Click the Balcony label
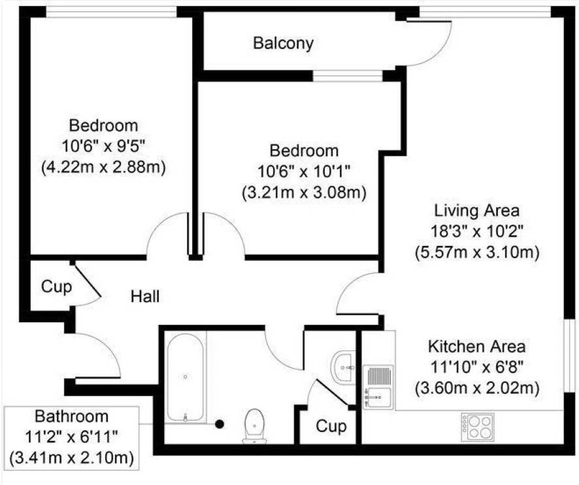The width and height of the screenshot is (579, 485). coord(283,43)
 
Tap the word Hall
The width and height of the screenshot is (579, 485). coord(145,296)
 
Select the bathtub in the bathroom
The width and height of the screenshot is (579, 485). coord(186,377)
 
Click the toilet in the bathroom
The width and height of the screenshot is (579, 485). coord(254,426)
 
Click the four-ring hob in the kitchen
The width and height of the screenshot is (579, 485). coord(478,427)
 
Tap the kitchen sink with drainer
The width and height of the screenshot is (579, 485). coord(378,387)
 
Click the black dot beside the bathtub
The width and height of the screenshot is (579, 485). coord(220,424)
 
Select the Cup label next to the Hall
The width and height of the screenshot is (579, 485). coord(56,287)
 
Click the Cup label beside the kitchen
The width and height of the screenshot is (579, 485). coord(331,427)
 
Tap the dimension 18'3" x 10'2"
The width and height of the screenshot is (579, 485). coord(477,232)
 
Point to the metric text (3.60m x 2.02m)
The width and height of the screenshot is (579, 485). coord(477,389)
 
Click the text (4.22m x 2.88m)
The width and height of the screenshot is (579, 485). coord(103,167)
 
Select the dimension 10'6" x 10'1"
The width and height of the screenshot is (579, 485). coord(304,172)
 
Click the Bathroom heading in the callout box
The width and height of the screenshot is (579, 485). coord(72,416)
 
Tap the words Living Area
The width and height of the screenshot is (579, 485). coord(476,211)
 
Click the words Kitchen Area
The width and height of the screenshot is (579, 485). coord(476,347)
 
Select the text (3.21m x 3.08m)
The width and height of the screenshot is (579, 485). coord(305,193)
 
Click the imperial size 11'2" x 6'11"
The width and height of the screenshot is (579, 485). coord(71,438)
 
